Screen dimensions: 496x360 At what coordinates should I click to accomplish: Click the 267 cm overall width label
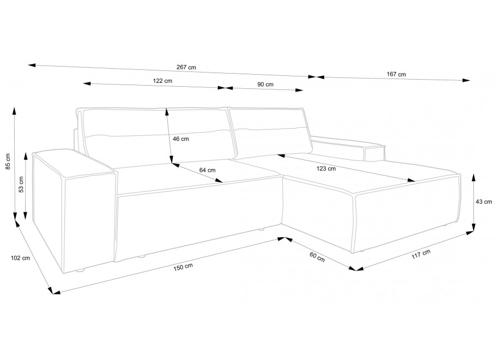click(x=186, y=67)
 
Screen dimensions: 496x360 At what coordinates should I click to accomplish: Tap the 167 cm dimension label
click(x=396, y=74)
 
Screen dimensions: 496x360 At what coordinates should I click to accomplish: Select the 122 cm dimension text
click(x=162, y=81)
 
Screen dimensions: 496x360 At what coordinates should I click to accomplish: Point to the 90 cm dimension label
click(x=265, y=84)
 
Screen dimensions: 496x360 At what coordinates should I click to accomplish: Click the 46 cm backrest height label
click(x=180, y=139)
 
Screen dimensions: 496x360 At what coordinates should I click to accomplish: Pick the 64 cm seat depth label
click(x=207, y=170)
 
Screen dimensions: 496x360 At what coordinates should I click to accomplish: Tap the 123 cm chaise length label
click(x=326, y=169)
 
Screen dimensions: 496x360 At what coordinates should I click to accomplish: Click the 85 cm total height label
click(x=8, y=161)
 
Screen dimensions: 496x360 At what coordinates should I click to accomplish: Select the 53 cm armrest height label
click(x=21, y=184)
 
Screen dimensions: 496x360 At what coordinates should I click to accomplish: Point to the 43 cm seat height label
click(x=483, y=201)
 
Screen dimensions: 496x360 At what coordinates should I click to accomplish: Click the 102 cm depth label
click(x=21, y=258)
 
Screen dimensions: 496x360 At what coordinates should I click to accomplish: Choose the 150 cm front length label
click(x=183, y=268)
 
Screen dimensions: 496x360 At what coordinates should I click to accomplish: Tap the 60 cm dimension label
click(x=317, y=257)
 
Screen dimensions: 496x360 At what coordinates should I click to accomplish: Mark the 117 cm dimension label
click(x=421, y=254)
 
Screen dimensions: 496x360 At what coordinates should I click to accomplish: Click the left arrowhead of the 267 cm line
click(x=31, y=65)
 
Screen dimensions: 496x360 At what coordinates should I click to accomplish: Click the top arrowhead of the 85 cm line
click(x=14, y=111)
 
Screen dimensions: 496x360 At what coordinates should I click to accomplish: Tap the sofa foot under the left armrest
click(x=80, y=271)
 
